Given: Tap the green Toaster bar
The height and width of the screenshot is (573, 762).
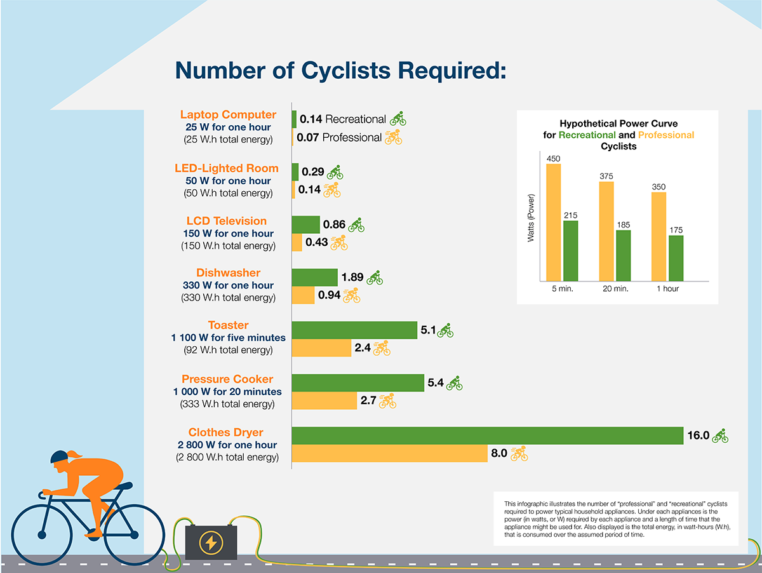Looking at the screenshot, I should pos(354,330).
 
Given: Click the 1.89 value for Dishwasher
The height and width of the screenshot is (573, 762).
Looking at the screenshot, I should pos(352,278).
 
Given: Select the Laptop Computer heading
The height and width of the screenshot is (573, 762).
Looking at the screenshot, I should pos(228,114).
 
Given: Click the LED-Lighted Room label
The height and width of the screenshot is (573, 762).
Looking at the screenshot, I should pos(226,168).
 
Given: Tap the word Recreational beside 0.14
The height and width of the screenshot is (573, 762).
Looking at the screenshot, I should pos(356,119).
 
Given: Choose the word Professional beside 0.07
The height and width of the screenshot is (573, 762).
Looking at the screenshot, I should pos(352,137).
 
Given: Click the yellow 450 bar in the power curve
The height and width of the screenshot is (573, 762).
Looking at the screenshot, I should pos(553,222).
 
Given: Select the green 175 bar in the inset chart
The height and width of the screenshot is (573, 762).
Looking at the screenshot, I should pos(675,258).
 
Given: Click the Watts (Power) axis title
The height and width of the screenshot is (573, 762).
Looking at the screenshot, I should pos(531,218).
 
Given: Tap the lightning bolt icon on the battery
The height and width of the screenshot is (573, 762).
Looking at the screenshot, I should pos(210,542).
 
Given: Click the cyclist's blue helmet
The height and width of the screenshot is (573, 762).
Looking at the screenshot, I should pos(59,456).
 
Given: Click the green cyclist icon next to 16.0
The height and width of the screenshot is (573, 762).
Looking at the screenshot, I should pos(719,436).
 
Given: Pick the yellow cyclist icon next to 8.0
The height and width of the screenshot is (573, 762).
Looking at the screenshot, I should pos(519,454).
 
